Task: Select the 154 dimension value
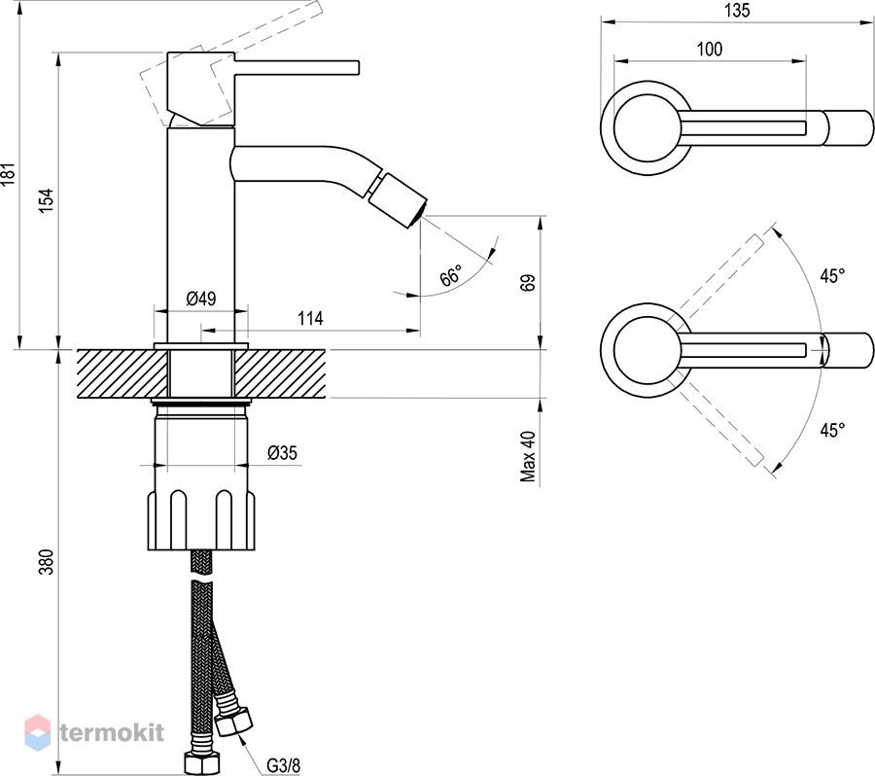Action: [x=47, y=200]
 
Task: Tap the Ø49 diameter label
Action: [x=201, y=299]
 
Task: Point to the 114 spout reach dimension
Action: [x=310, y=318]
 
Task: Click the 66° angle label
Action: [x=451, y=274]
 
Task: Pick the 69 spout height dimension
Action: [x=528, y=282]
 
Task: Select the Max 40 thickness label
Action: [x=528, y=456]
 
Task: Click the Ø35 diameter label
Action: [x=282, y=453]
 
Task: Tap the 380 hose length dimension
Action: [x=47, y=562]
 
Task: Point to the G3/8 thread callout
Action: [x=284, y=765]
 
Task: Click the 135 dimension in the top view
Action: [x=737, y=11]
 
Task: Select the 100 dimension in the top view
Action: [x=710, y=50]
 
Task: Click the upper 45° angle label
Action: [x=832, y=275]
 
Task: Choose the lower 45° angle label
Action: [x=832, y=430]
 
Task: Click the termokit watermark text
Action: [x=112, y=732]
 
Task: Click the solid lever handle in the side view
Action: [x=297, y=66]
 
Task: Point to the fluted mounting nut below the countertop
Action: [x=201, y=520]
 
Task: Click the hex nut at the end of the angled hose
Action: [x=233, y=722]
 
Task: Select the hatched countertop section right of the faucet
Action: [x=280, y=374]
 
